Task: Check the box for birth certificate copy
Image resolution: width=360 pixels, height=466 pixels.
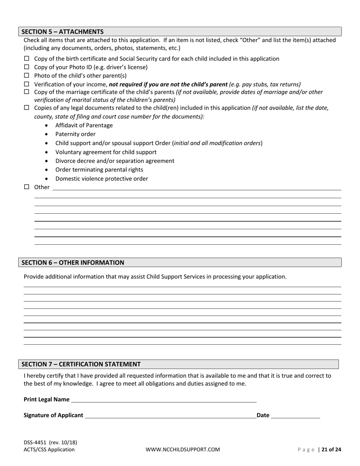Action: click(27, 58)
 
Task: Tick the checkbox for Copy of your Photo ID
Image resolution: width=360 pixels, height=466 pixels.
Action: click(27, 67)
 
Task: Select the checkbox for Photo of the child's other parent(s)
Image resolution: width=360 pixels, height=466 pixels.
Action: click(27, 75)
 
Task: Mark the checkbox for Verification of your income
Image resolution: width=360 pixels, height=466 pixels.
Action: click(27, 84)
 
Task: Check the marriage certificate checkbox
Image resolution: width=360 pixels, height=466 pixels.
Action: click(27, 92)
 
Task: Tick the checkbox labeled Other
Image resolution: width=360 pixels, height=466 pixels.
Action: click(27, 187)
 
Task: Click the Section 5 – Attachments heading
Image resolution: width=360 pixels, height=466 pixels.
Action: click(63, 31)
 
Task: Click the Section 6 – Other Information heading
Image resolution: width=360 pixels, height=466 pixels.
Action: click(73, 263)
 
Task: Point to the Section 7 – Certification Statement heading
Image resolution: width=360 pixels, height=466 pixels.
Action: click(81, 364)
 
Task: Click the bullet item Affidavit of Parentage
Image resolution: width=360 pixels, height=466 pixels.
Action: click(84, 125)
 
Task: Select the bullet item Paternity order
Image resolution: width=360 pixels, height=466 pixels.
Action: click(75, 134)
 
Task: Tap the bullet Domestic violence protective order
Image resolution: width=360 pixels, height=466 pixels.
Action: click(102, 179)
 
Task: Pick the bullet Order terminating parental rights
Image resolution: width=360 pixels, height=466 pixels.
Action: click(99, 170)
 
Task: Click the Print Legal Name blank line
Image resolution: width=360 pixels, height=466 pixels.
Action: click(164, 399)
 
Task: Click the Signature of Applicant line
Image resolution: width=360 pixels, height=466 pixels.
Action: click(171, 415)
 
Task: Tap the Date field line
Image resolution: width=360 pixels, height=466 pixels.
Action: click(296, 415)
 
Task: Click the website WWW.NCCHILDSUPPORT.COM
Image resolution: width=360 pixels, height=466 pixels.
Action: click(183, 450)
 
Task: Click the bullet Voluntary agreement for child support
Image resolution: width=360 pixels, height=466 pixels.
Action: click(106, 152)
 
